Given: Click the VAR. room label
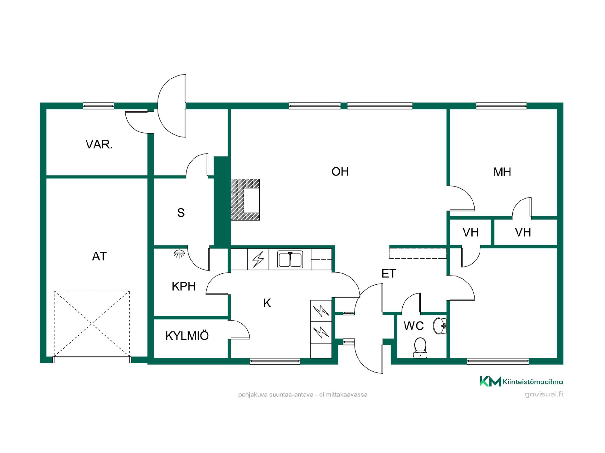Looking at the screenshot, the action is [99, 144].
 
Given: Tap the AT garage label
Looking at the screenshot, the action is [100, 256].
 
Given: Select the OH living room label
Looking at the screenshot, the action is [340, 172].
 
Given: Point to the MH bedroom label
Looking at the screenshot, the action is [502, 172].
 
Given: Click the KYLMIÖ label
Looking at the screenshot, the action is [187, 336].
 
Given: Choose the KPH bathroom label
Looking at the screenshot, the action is [184, 287].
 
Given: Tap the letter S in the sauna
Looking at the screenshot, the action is [181, 213].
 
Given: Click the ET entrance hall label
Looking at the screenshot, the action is [389, 274].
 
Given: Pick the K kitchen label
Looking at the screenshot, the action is [267, 303].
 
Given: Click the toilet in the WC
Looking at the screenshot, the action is [420, 348].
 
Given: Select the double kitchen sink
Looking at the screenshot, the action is [290, 259].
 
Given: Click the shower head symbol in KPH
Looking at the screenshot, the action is [179, 254].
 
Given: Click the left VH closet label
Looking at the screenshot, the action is [470, 233].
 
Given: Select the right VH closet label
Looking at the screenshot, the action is [523, 233].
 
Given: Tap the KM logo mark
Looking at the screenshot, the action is [490, 381].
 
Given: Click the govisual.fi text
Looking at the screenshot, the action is [544, 394].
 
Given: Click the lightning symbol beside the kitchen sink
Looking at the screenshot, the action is [258, 259].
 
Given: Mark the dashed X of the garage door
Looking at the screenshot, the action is [92, 323].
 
